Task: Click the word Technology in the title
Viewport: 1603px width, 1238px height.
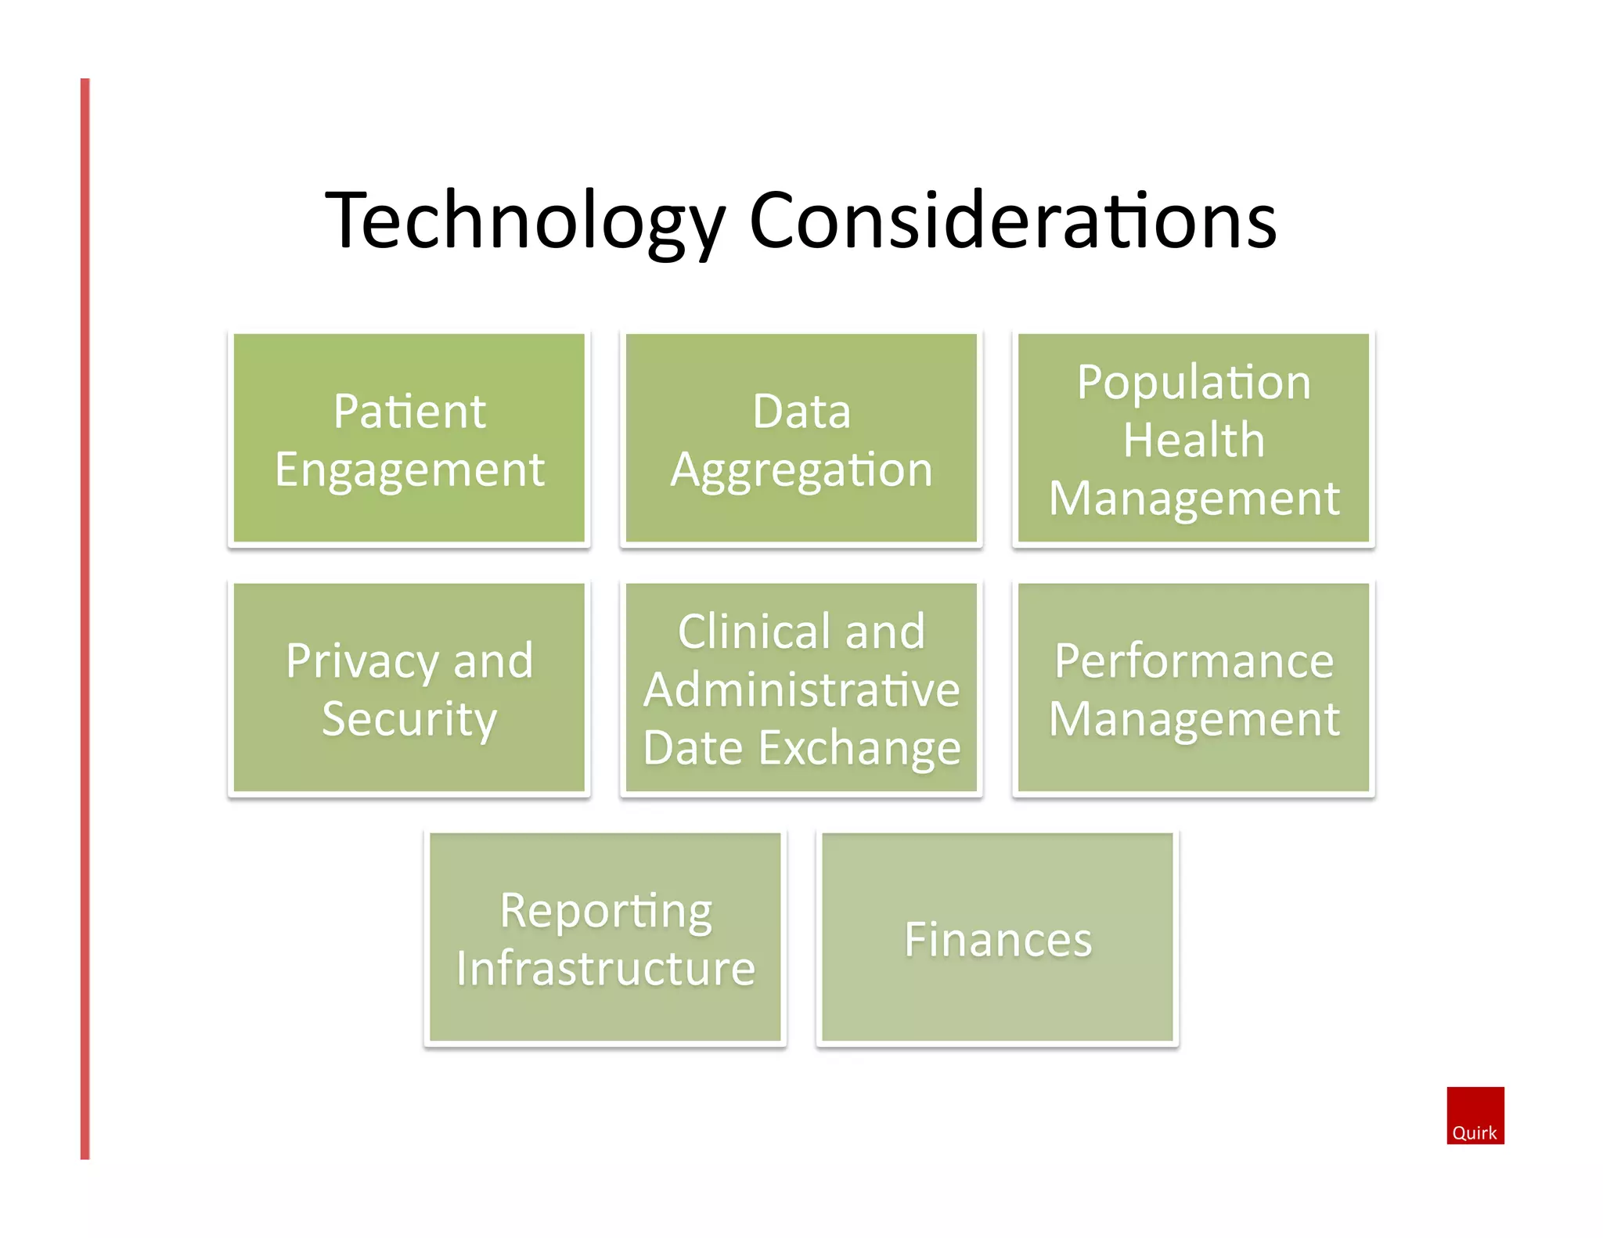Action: click(524, 221)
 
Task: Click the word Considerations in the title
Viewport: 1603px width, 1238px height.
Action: click(1013, 221)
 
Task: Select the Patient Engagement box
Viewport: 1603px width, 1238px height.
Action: click(409, 438)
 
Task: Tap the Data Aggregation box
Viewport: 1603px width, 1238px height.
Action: click(801, 438)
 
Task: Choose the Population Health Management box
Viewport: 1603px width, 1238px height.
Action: click(1194, 438)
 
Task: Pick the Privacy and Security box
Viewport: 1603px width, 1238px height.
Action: click(409, 688)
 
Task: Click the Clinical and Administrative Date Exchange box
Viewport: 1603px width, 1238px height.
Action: click(801, 688)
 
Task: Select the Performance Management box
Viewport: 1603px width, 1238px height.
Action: click(1194, 688)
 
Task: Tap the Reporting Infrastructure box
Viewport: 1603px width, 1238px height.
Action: click(605, 937)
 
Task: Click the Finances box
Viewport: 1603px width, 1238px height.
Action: click(998, 937)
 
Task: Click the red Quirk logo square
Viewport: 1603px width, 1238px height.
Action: click(1475, 1115)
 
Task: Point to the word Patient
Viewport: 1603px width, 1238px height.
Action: click(409, 411)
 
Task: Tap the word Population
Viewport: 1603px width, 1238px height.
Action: click(1194, 383)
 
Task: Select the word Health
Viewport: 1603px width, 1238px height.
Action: click(1194, 440)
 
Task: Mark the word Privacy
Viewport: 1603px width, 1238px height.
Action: click(362, 662)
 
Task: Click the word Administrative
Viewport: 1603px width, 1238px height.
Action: click(801, 690)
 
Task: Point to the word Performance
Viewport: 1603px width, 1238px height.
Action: click(1194, 661)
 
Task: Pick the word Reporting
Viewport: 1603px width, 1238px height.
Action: click(606, 912)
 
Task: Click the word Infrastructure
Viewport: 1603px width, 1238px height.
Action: click(606, 969)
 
